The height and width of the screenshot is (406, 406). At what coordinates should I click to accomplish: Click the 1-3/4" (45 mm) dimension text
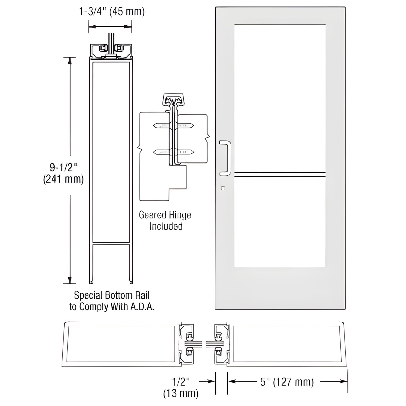pyautogui.click(x=112, y=12)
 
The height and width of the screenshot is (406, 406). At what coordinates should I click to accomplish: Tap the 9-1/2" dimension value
pyautogui.click(x=63, y=168)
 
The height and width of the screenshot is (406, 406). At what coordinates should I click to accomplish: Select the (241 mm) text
pyautogui.click(x=63, y=179)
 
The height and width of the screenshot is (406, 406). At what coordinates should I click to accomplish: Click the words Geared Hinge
pyautogui.click(x=165, y=215)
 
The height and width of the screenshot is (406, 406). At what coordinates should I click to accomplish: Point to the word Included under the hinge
pyautogui.click(x=166, y=226)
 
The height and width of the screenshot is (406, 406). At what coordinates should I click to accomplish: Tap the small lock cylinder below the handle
pyautogui.click(x=223, y=188)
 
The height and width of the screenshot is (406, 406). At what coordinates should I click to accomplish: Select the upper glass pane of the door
pyautogui.click(x=280, y=97)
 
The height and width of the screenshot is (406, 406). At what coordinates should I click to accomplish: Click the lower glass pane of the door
pyautogui.click(x=280, y=222)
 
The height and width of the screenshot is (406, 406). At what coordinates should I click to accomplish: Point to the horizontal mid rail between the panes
pyautogui.click(x=280, y=174)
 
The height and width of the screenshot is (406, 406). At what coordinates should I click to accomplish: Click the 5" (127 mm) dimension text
pyautogui.click(x=287, y=382)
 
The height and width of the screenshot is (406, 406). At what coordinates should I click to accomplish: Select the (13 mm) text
pyautogui.click(x=181, y=393)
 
